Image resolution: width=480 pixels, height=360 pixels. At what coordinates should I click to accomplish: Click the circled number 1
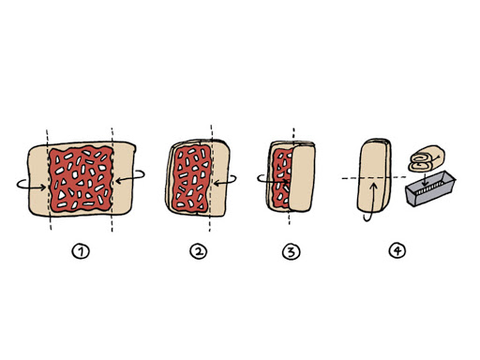click(81, 251)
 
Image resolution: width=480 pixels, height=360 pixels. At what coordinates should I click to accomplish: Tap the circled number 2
click(199, 251)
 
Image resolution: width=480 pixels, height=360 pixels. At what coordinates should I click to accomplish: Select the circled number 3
click(291, 251)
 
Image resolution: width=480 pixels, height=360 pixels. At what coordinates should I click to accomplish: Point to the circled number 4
click(397, 250)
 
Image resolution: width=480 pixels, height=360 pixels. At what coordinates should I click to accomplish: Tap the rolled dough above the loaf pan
click(427, 158)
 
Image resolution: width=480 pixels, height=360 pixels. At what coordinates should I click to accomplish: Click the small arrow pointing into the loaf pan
click(424, 177)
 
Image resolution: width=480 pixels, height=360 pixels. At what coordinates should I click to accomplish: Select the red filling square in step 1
click(81, 179)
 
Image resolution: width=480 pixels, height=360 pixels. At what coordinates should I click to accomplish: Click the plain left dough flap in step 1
click(38, 181)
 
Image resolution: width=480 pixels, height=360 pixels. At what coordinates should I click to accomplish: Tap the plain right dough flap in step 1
click(124, 179)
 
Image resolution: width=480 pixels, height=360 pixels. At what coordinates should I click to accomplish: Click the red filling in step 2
click(191, 178)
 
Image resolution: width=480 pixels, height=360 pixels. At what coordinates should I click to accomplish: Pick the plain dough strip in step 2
click(220, 179)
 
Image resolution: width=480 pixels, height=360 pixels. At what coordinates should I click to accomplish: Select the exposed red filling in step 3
click(280, 179)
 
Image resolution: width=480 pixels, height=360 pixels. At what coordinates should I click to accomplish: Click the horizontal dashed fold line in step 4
click(374, 178)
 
